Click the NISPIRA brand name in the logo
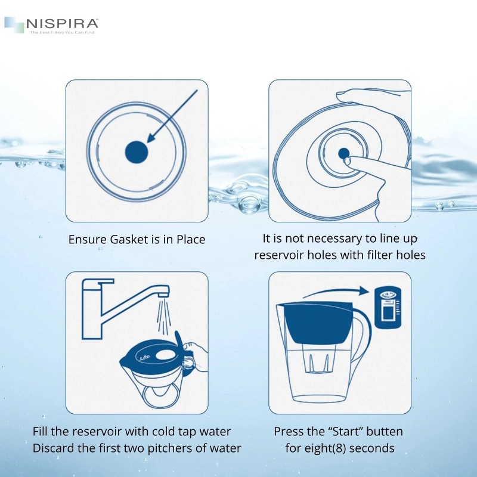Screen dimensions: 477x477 [62, 24]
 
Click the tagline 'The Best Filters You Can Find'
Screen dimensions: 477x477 [62, 32]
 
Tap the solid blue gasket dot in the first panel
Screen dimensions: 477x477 [137, 152]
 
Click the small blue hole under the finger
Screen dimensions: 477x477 [343, 154]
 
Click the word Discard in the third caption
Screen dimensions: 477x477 [55, 448]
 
